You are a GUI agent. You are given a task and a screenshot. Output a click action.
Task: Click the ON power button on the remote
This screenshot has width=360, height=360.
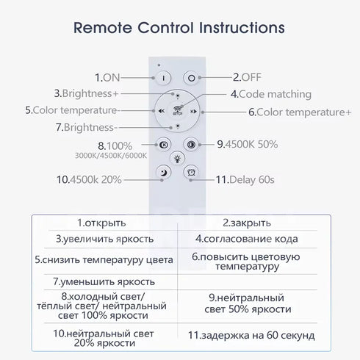click(163, 78)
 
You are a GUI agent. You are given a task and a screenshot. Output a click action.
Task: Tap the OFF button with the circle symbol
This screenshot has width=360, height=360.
click(191, 78)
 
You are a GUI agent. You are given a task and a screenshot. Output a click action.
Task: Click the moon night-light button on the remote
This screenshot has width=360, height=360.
click(164, 173)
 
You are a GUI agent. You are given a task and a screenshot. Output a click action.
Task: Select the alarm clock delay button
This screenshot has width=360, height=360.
click(191, 173)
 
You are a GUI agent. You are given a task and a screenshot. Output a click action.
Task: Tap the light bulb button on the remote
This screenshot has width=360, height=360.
click(177, 159)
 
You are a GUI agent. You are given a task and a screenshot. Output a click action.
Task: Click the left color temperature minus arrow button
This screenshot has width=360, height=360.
click(162, 111)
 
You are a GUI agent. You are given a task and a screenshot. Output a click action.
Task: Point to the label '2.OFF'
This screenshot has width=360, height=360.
click(247, 77)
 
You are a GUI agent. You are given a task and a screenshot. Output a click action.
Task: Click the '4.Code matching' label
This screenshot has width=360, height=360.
click(271, 94)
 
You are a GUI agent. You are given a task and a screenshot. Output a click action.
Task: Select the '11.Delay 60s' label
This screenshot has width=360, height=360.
click(245, 180)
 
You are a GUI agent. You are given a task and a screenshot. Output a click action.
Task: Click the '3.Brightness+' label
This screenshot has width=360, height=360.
click(86, 93)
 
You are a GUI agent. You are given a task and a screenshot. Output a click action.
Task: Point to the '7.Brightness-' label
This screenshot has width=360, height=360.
click(87, 127)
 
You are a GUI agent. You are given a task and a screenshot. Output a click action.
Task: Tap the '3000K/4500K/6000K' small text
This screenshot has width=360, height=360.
click(111, 156)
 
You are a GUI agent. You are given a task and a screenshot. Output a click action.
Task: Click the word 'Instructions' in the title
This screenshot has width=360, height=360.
click(242, 27)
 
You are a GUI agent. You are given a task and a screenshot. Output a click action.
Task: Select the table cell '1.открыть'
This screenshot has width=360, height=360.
click(101, 223)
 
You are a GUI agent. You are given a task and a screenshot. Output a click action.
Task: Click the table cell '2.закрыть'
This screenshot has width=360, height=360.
click(247, 223)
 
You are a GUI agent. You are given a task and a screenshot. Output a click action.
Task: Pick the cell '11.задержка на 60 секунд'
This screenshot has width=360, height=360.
click(251, 335)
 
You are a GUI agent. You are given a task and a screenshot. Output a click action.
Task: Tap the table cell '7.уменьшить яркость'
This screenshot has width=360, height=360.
click(104, 282)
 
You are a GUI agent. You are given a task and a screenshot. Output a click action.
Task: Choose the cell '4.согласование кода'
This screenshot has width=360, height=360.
click(247, 239)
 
